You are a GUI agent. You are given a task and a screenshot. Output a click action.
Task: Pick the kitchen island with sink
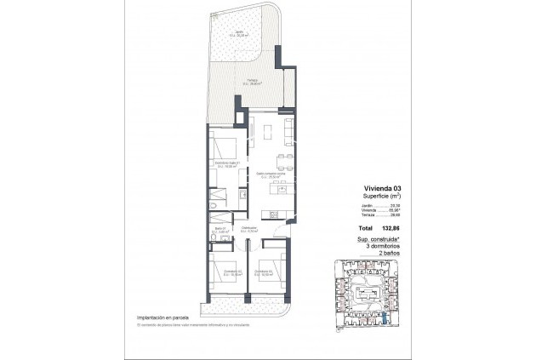click(273, 212)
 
